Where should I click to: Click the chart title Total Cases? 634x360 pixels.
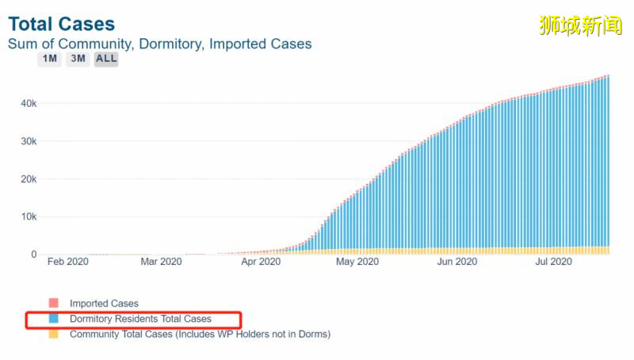click(x=61, y=24)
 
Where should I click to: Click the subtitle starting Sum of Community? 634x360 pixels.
click(x=159, y=44)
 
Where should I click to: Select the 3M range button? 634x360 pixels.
click(x=78, y=59)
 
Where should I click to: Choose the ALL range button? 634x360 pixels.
click(x=106, y=59)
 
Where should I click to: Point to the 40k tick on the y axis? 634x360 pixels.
click(x=28, y=103)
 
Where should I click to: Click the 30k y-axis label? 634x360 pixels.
click(x=28, y=141)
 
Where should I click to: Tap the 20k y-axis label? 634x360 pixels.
click(x=28, y=179)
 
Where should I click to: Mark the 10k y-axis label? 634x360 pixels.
click(x=28, y=216)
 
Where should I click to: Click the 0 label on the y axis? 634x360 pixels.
click(x=33, y=255)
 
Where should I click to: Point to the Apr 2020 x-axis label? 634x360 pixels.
click(x=260, y=262)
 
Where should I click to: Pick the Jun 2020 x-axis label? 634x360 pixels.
click(x=457, y=262)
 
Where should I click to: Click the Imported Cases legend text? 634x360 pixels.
click(x=104, y=303)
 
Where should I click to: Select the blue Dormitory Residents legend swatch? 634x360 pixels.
click(x=54, y=319)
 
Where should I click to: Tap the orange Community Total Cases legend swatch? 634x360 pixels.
click(x=54, y=334)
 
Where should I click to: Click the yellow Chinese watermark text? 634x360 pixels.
click(x=580, y=25)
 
